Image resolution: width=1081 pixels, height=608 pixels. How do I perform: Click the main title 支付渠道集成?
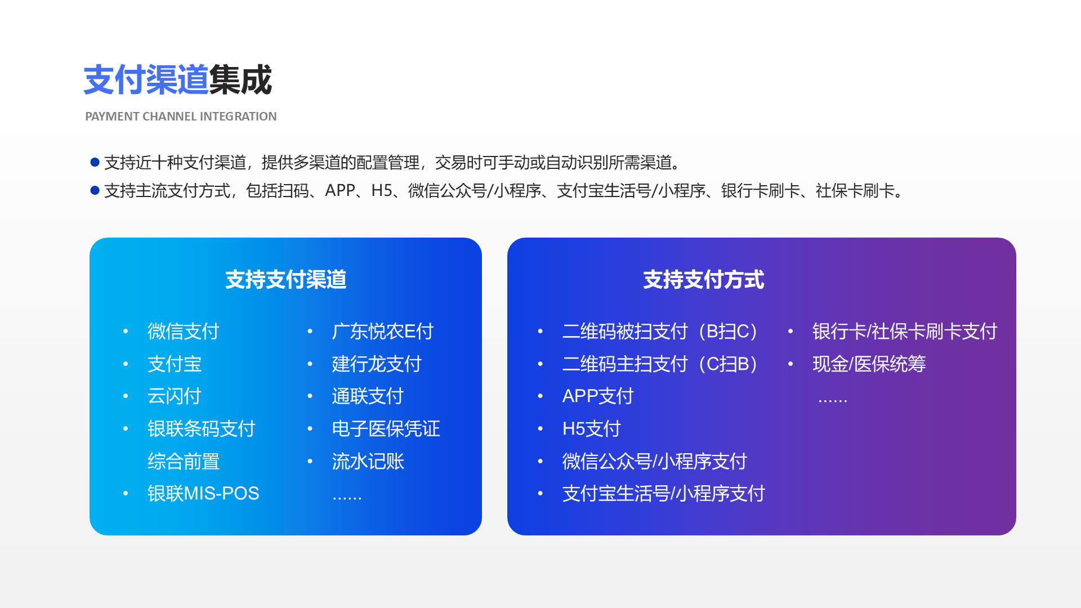tap(177, 80)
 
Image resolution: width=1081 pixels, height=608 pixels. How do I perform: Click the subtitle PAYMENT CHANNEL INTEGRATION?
tap(181, 117)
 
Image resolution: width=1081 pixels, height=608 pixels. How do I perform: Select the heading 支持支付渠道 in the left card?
tap(285, 280)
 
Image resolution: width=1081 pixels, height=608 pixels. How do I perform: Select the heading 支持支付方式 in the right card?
tap(703, 280)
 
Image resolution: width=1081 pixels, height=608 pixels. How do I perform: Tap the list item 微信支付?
tap(183, 332)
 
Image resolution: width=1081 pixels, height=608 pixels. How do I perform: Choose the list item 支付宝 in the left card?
tap(175, 364)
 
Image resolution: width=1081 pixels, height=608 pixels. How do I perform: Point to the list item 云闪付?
tap(174, 396)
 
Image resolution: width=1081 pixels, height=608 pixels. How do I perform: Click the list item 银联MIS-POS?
tap(203, 494)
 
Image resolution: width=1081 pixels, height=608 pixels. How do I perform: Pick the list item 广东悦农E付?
tap(382, 332)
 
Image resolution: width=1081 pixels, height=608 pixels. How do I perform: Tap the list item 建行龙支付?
tap(377, 364)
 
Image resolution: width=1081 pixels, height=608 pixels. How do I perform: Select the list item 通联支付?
tap(368, 396)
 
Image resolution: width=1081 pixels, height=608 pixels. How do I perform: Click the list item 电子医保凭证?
tap(386, 429)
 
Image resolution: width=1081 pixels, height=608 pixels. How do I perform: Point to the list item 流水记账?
tap(368, 462)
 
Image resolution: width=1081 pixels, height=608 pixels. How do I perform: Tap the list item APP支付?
tap(598, 396)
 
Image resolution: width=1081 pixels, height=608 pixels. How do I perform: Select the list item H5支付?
tap(591, 429)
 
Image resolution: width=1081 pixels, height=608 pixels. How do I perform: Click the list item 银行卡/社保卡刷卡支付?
tap(904, 332)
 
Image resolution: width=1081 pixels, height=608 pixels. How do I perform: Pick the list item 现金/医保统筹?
tap(869, 364)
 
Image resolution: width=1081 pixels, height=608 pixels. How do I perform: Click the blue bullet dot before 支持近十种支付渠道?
tap(95, 163)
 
